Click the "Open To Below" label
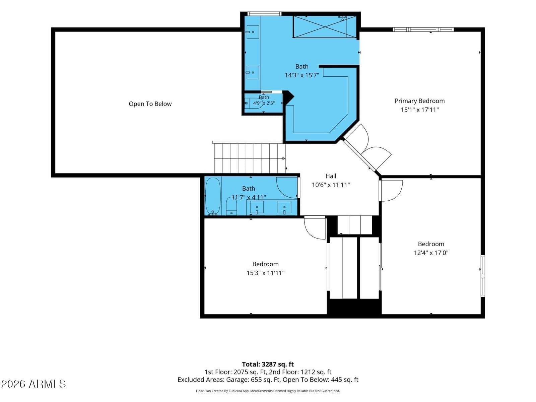click(150, 104)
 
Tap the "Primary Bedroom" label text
click(419, 101)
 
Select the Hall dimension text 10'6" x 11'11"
click(331, 185)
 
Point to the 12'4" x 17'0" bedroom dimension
click(431, 253)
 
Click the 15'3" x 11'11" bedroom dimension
click(265, 273)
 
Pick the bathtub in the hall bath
click(213, 197)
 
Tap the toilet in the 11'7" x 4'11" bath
click(231, 206)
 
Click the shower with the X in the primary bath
click(325, 26)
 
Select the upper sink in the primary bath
click(253, 32)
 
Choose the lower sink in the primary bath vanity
click(253, 72)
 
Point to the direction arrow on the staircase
click(283, 158)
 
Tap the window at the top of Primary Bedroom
click(423, 29)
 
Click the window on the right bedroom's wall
click(482, 276)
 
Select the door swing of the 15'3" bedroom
click(315, 228)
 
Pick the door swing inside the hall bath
click(287, 188)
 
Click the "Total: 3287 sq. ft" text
click(268, 364)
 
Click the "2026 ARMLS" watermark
click(33, 384)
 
